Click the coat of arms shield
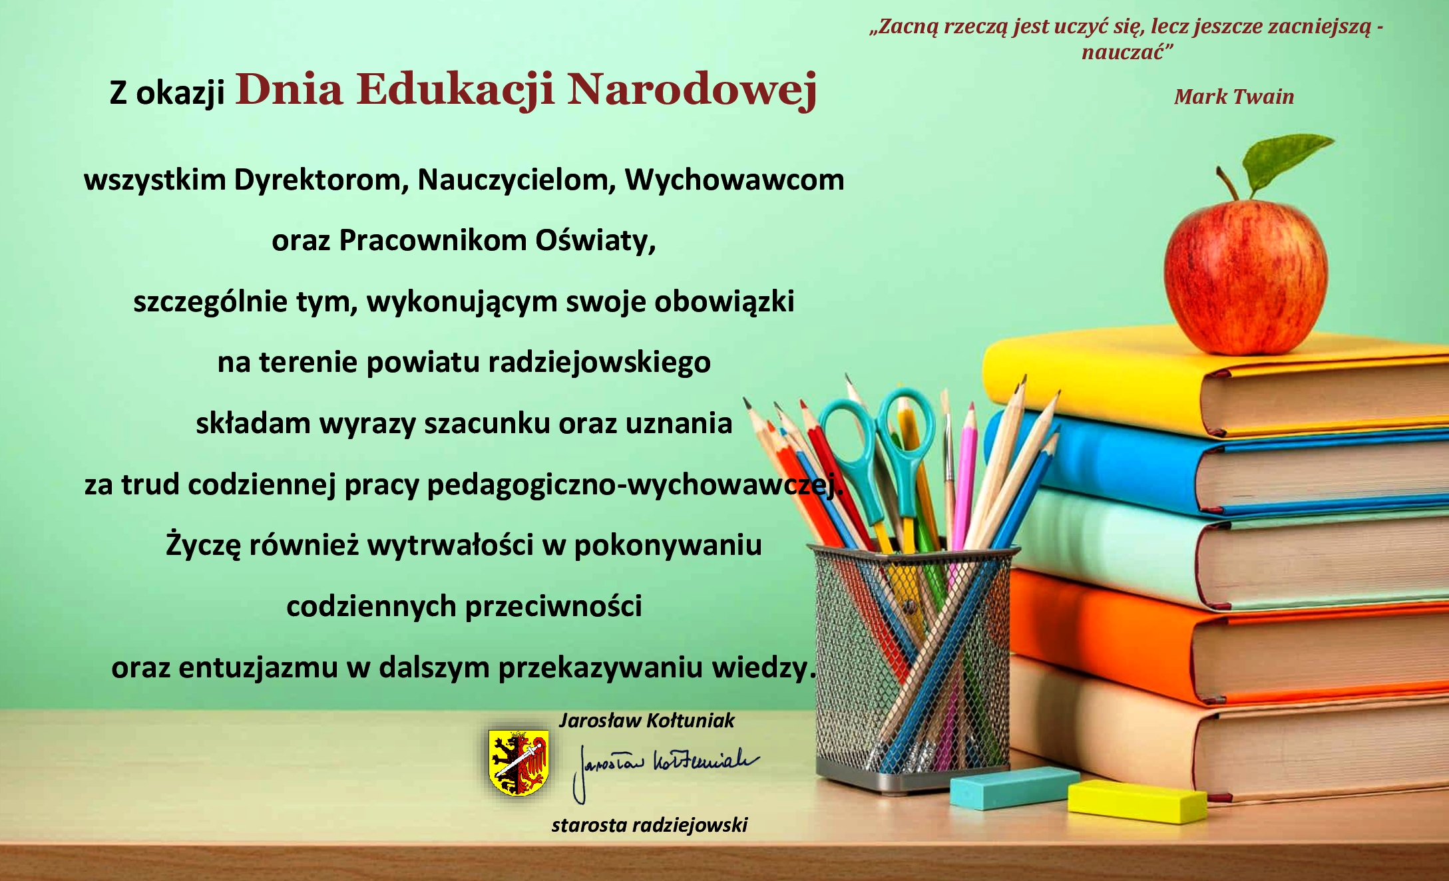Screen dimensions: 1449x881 pyautogui.click(x=519, y=763)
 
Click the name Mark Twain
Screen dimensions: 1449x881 pyautogui.click(x=1234, y=96)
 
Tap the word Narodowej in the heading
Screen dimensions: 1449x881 pyautogui.click(x=692, y=90)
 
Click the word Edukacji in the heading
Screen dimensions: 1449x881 pyautogui.click(x=455, y=90)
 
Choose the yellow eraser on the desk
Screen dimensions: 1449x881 pyautogui.click(x=1137, y=800)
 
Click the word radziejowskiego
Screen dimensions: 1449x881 pyautogui.click(x=600, y=363)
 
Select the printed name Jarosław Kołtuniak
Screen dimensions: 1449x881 pyautogui.click(x=646, y=721)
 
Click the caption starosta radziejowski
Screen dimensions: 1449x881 pyautogui.click(x=649, y=825)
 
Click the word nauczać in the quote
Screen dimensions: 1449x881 pyautogui.click(x=1127, y=53)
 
